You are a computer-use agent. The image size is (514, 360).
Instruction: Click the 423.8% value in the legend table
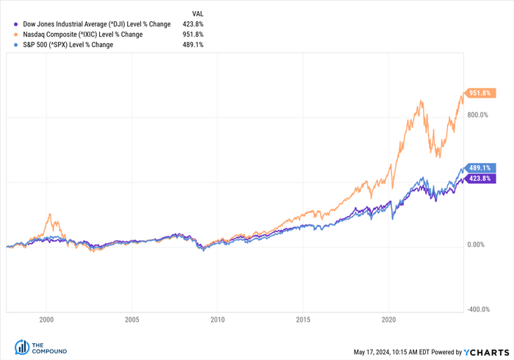tap(193, 24)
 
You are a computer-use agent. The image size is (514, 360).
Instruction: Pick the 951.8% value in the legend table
tap(193, 35)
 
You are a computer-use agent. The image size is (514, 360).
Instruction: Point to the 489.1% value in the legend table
tap(193, 45)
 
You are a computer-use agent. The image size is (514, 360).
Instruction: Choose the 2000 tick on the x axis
tap(46, 320)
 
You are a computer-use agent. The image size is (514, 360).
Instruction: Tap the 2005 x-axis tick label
tap(132, 320)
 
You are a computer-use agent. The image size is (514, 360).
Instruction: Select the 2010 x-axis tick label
tap(217, 320)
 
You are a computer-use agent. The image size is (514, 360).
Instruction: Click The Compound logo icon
tap(21, 347)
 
